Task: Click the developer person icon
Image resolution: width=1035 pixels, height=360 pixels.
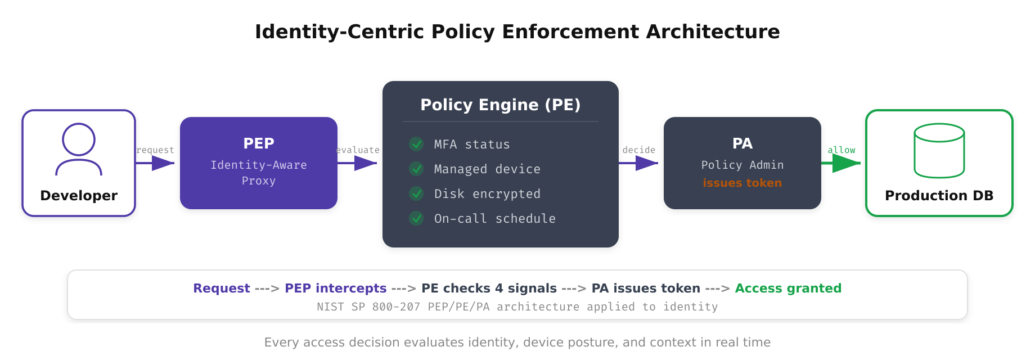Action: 79,150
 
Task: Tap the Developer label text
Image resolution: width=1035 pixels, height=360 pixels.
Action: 79,196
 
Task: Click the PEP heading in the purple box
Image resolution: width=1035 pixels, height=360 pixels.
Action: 259,143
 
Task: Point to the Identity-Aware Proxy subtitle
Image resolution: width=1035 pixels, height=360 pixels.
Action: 259,173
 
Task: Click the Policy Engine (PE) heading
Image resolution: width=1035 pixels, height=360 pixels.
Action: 501,105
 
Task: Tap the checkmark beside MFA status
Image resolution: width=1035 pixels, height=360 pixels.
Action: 416,144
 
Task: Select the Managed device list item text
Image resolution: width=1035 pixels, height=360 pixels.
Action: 487,169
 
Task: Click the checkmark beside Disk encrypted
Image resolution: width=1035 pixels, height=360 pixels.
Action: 416,193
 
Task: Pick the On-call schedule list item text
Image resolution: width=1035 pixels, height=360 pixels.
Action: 494,218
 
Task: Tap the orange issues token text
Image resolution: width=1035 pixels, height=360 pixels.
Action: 742,183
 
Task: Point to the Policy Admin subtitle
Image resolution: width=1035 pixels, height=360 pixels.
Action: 742,165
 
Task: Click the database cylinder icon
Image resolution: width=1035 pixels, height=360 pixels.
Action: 939,151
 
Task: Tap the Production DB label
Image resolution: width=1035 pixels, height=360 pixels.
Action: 939,196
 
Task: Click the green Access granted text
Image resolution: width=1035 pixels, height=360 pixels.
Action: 788,288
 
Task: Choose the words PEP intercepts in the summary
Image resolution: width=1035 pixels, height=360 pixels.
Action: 335,288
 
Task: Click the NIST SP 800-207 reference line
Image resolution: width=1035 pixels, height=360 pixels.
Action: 517,307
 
